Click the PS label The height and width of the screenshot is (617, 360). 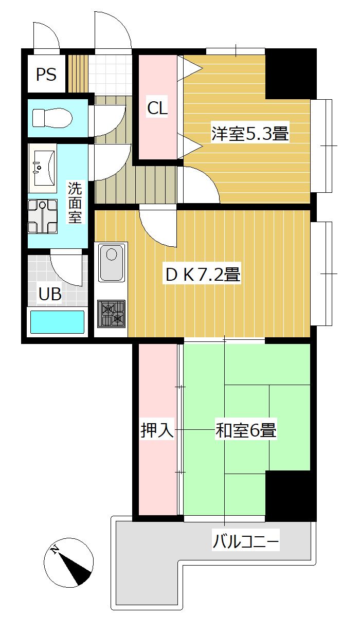pyautogui.click(x=46, y=75)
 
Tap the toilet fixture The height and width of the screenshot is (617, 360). pyautogui.click(x=51, y=117)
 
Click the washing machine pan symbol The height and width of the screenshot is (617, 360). pyautogui.click(x=44, y=216)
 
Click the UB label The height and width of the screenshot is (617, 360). pyautogui.click(x=50, y=294)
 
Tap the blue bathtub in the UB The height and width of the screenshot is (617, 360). pyautogui.click(x=57, y=323)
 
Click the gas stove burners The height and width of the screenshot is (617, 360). pyautogui.click(x=112, y=314)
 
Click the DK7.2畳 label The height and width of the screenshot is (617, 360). pyautogui.click(x=203, y=275)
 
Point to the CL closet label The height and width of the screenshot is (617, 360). pyautogui.click(x=157, y=108)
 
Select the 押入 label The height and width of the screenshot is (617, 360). pyautogui.click(x=157, y=430)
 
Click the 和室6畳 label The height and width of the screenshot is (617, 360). pyautogui.click(x=246, y=430)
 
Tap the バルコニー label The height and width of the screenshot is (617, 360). pyautogui.click(x=246, y=541)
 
